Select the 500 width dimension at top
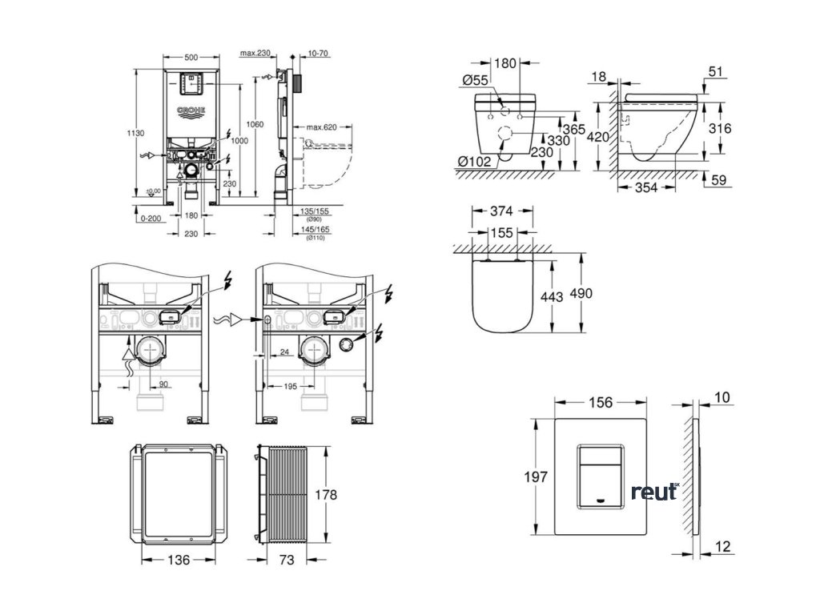coord(191,58)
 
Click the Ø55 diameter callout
coord(476,80)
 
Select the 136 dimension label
coord(179,561)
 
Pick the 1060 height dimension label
coord(255,124)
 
